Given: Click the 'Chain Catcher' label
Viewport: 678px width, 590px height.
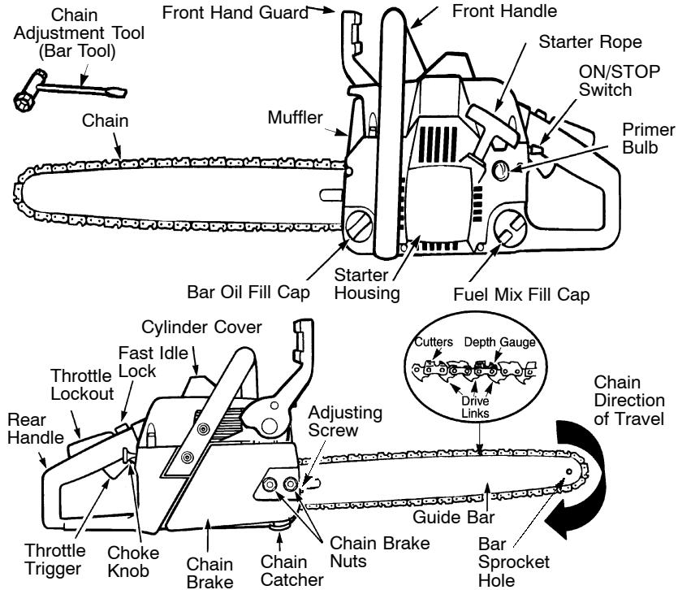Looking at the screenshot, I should (287, 571).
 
